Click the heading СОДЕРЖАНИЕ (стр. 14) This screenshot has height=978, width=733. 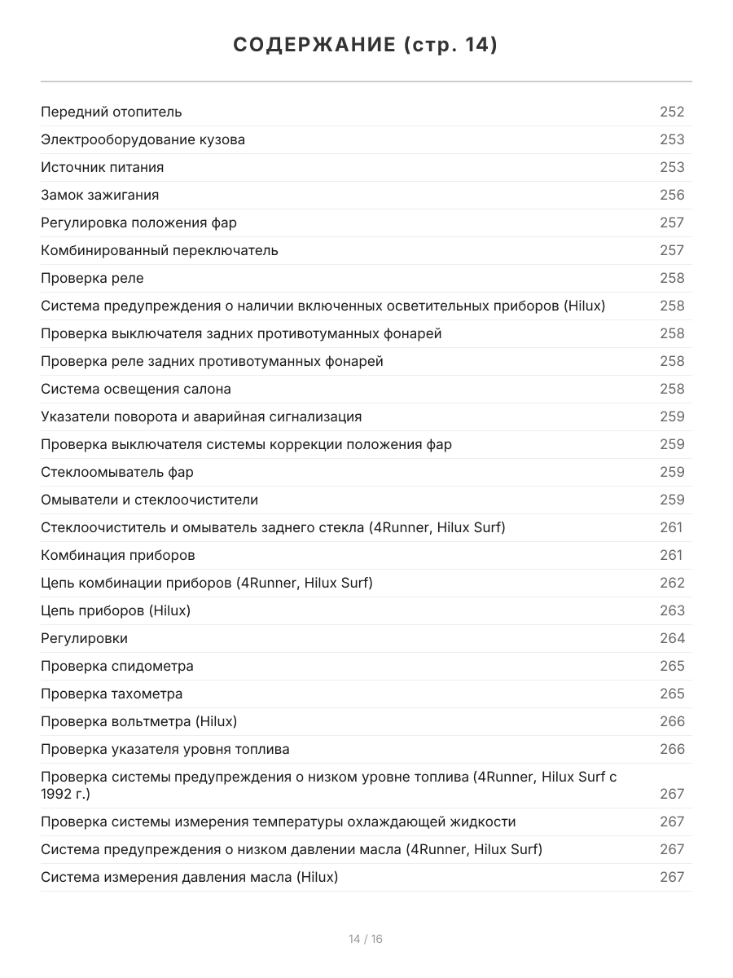366,46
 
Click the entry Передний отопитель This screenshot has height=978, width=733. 112,112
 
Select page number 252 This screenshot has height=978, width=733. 672,112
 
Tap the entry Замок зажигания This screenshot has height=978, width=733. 100,195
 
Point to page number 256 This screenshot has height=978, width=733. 672,195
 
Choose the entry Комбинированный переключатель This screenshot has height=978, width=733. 160,250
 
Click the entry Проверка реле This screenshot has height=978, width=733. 92,278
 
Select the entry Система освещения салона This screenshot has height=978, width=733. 136,389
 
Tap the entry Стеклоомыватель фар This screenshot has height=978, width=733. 117,472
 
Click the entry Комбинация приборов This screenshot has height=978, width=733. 118,555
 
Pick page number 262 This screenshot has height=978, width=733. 672,583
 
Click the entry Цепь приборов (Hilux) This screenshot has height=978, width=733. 116,610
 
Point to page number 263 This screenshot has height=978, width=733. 672,610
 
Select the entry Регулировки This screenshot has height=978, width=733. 84,638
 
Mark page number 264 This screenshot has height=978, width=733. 672,638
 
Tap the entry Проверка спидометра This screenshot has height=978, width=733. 117,666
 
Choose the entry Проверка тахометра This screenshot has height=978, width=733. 112,694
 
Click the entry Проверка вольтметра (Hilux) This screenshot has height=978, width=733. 139,721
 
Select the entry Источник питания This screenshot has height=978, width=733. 103,167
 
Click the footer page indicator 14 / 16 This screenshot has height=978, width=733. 366,939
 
